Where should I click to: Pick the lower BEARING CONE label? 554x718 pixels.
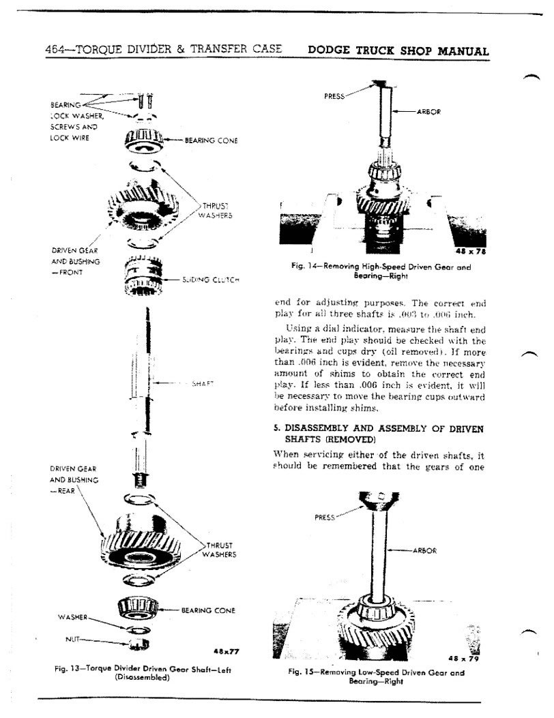point(208,610)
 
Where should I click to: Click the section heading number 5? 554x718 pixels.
point(276,428)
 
